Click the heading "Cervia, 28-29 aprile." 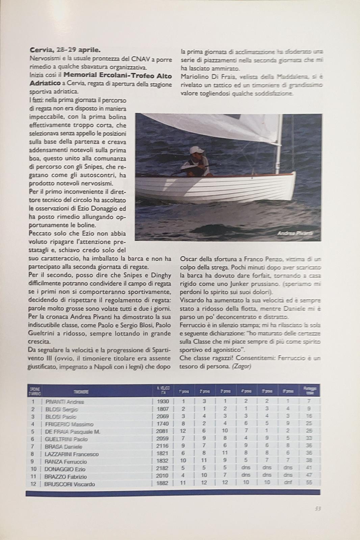[65, 50]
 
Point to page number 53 [317, 509]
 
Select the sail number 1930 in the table [163, 402]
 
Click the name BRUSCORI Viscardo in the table [70, 484]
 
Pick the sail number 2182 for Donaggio [163, 469]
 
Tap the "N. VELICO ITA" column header [163, 390]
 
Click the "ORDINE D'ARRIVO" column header [35, 391]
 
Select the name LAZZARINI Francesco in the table [72, 454]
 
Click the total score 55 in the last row [309, 483]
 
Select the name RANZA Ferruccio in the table [66, 462]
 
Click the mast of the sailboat [279, 148]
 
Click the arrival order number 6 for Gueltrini [33, 439]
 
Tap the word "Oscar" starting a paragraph [188, 259]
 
